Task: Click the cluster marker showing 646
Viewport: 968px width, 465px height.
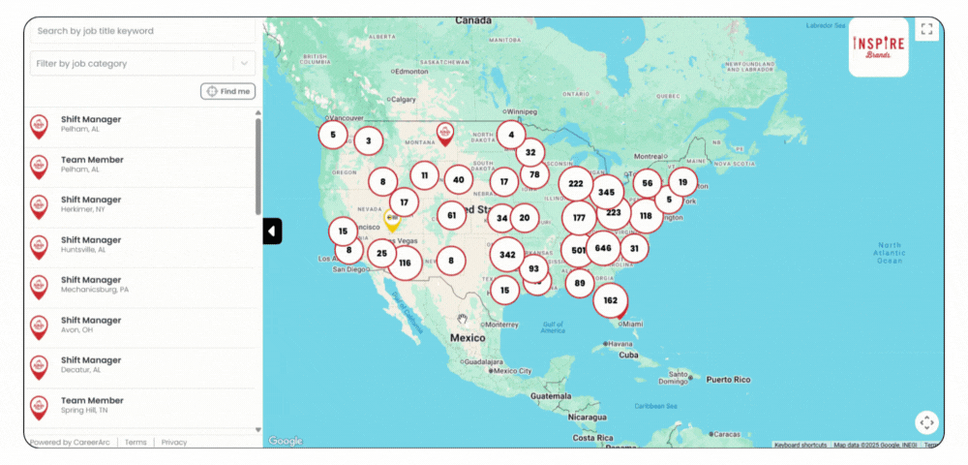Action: pyautogui.click(x=603, y=249)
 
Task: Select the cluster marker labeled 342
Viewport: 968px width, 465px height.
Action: pyautogui.click(x=507, y=255)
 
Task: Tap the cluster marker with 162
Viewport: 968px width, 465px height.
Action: pyautogui.click(x=610, y=300)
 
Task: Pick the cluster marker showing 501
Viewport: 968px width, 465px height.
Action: pyautogui.click(x=579, y=250)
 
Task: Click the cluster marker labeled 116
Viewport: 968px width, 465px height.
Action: pyautogui.click(x=405, y=263)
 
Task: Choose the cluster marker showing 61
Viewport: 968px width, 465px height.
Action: pyautogui.click(x=452, y=215)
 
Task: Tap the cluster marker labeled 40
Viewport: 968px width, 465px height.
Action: pyautogui.click(x=458, y=179)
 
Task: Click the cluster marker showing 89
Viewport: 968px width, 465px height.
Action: pyautogui.click(x=580, y=283)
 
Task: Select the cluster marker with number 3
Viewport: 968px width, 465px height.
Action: pyautogui.click(x=368, y=140)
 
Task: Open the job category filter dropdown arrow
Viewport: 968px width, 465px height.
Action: pyautogui.click(x=244, y=64)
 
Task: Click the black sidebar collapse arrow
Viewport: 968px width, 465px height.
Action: pyautogui.click(x=272, y=232)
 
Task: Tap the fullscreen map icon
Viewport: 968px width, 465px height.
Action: pyautogui.click(x=926, y=30)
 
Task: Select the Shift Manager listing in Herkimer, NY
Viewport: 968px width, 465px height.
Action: pyautogui.click(x=91, y=204)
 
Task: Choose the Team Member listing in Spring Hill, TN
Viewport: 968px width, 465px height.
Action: pyautogui.click(x=92, y=405)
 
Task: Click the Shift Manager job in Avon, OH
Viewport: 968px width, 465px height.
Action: pyautogui.click(x=91, y=325)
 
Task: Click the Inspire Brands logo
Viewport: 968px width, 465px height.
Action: pyautogui.click(x=878, y=46)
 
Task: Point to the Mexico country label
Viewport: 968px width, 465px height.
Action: pyautogui.click(x=468, y=338)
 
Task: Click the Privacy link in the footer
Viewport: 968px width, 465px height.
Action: pyautogui.click(x=174, y=443)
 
